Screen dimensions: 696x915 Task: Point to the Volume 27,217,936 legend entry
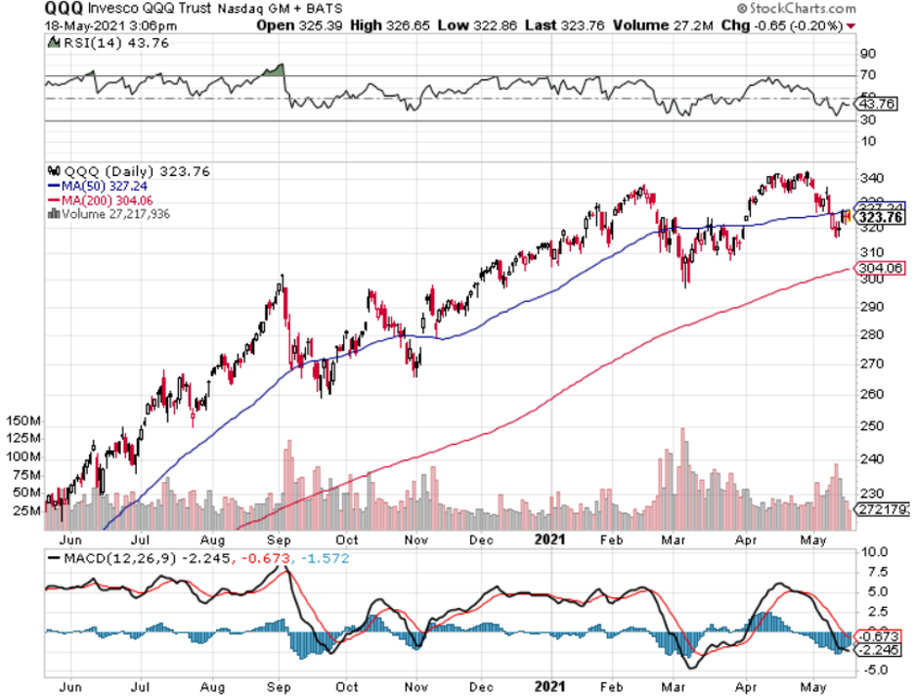tap(111, 214)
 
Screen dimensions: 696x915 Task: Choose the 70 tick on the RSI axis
tap(866, 75)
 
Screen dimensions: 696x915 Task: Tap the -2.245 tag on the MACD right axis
tap(874, 649)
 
